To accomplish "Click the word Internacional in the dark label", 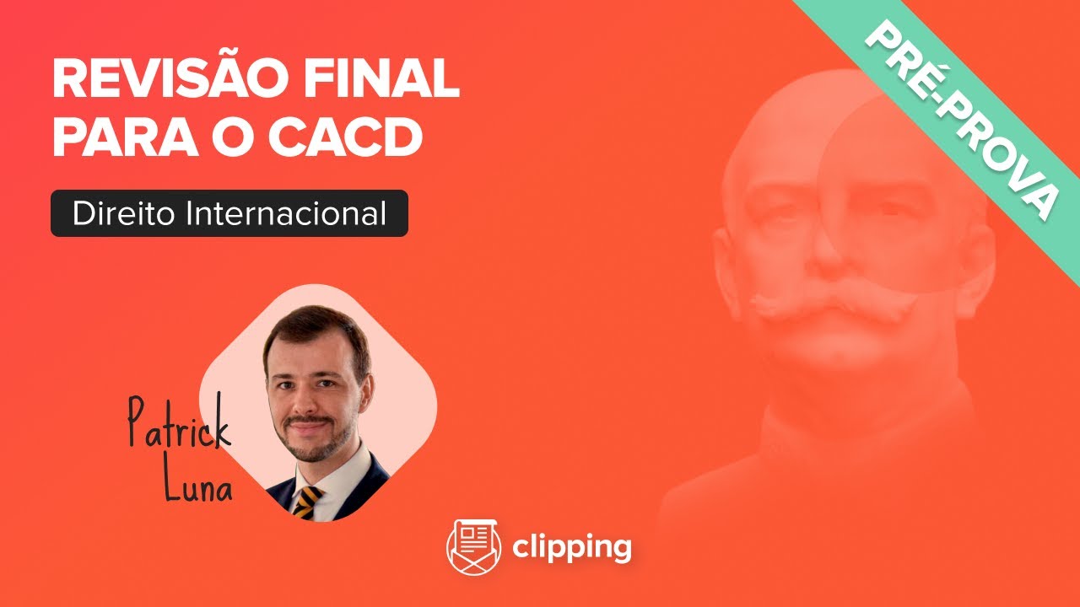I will pos(286,213).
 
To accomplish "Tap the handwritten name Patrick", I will pos(178,425).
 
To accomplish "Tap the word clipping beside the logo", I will pos(571,548).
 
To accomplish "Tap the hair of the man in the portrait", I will pos(316,325).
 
